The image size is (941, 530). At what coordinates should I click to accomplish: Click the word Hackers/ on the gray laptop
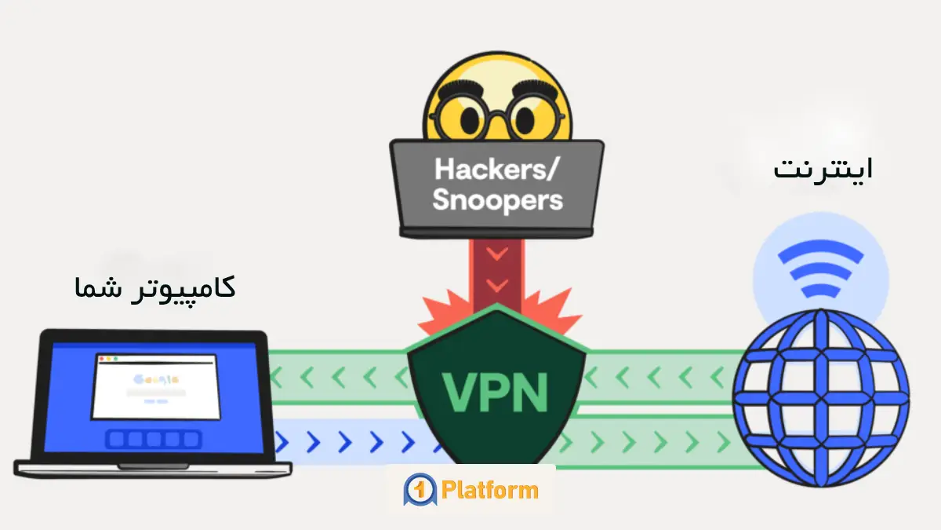496,168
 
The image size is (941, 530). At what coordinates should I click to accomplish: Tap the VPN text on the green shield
496,391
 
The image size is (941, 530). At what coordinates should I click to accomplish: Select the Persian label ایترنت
823,169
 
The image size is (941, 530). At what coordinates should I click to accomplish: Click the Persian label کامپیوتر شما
155,287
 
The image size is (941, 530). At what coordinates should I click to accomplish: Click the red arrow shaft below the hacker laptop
496,271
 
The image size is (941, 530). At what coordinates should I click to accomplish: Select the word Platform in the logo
489,491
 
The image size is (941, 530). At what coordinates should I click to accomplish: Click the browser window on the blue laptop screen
155,386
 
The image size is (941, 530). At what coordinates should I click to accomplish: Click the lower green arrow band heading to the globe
659,444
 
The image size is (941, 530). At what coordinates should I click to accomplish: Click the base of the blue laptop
153,469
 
